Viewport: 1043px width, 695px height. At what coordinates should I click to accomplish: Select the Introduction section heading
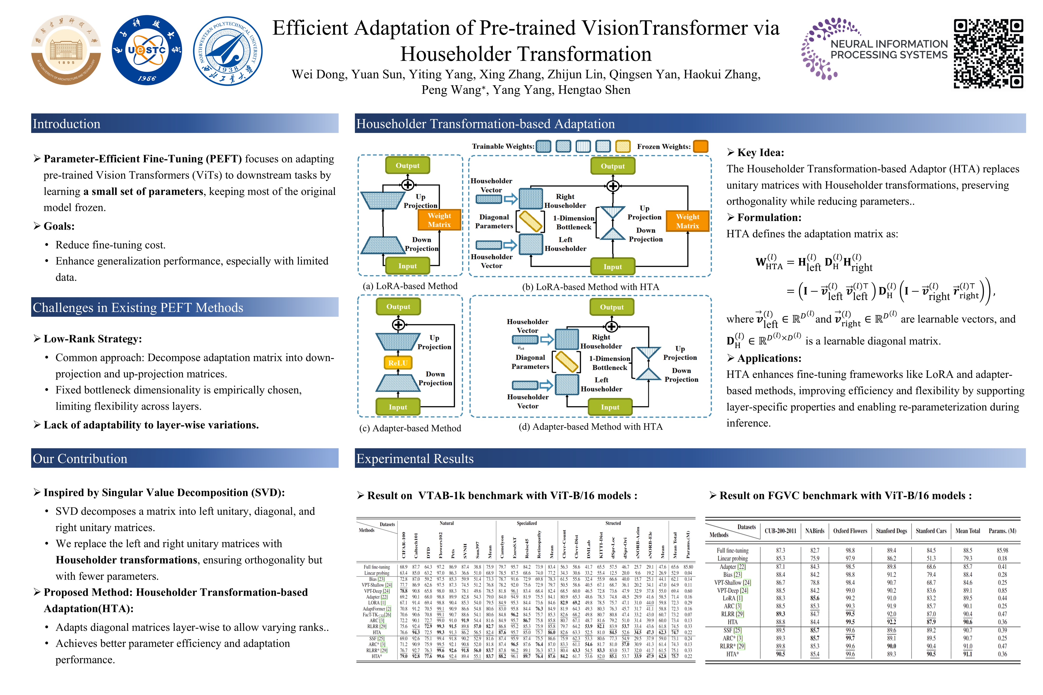(x=67, y=124)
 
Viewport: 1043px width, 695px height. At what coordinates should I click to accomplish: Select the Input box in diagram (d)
(x=610, y=407)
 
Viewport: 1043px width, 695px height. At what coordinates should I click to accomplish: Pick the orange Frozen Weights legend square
(x=701, y=146)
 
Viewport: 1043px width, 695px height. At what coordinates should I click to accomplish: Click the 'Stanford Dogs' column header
(x=891, y=531)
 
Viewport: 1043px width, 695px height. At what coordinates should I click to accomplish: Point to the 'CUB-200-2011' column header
(x=781, y=531)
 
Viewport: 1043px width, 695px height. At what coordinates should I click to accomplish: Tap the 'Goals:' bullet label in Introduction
(x=59, y=226)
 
